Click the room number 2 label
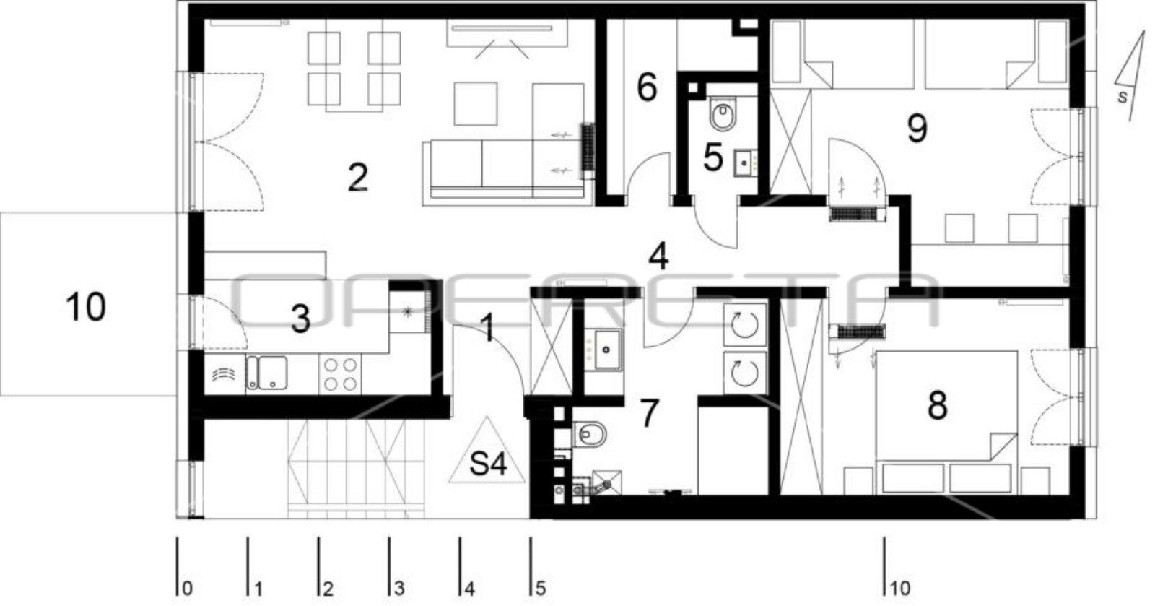(x=358, y=177)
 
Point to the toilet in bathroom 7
(x=590, y=434)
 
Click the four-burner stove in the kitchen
(x=340, y=374)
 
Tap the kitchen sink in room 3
(x=266, y=373)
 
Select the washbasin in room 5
(x=745, y=163)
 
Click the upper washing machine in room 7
(x=744, y=325)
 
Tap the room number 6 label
(x=647, y=86)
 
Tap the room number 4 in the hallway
(x=659, y=256)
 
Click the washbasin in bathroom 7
(x=607, y=350)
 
